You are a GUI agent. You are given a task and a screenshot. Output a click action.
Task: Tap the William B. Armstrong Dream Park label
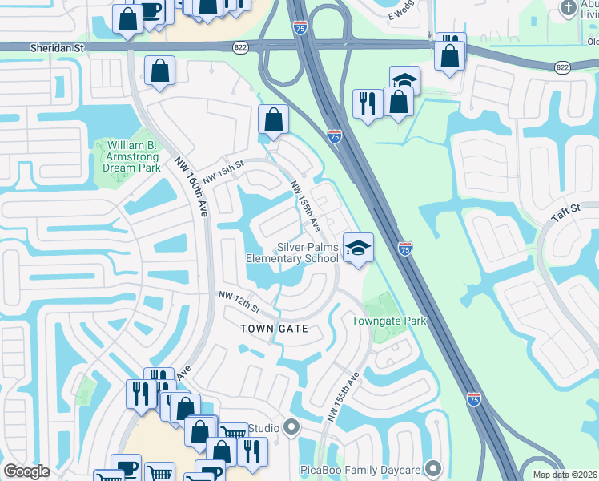point(131,157)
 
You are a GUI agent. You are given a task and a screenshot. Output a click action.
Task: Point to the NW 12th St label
point(239,303)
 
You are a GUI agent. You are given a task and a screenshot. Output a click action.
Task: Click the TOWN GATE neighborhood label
point(275,329)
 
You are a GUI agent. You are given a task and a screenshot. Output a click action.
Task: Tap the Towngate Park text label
point(389,321)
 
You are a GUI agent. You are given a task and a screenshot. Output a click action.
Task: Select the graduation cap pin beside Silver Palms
point(358,247)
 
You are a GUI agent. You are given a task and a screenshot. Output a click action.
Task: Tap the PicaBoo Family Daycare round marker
point(435,467)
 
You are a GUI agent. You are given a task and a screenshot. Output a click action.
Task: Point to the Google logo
point(26,471)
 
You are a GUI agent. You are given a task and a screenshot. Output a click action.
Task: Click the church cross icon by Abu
point(568,9)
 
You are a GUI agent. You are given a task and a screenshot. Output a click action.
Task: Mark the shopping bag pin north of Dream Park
point(160,71)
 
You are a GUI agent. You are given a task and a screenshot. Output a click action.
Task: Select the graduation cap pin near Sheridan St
point(404,80)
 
